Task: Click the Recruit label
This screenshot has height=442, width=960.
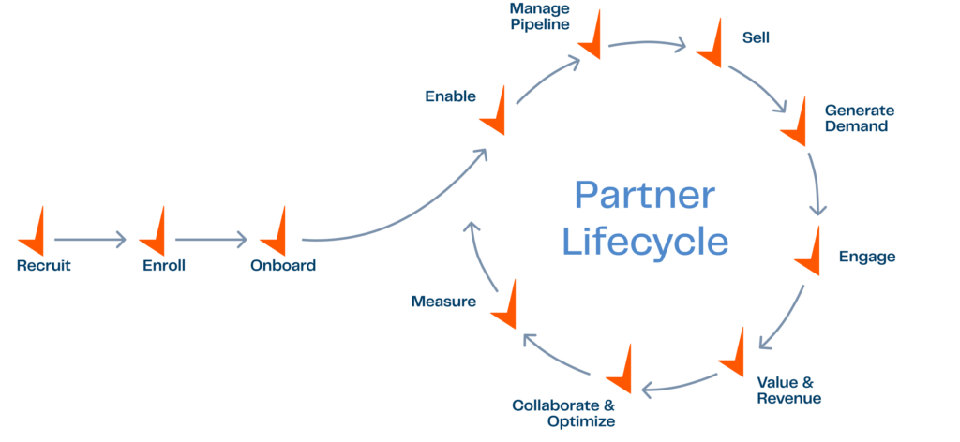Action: point(44,265)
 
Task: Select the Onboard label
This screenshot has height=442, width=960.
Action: point(282,265)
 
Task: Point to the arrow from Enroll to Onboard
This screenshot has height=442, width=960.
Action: point(210,240)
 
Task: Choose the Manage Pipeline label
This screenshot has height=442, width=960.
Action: point(540,16)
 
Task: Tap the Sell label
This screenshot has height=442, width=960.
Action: point(756,38)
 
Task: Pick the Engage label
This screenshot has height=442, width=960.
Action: point(866,257)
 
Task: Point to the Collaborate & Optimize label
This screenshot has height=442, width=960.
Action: point(564,413)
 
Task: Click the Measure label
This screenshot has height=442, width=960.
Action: point(444,302)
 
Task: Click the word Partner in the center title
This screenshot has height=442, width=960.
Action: point(644,197)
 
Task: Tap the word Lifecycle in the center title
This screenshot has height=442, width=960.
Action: point(645,242)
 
